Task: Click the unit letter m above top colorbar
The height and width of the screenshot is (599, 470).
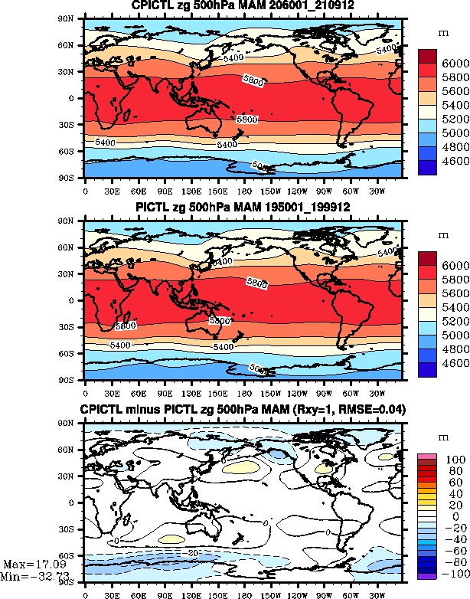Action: (x=442, y=34)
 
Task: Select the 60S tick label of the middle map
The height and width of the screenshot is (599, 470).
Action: (x=73, y=354)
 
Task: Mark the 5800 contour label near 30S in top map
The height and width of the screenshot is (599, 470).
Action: (x=246, y=119)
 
